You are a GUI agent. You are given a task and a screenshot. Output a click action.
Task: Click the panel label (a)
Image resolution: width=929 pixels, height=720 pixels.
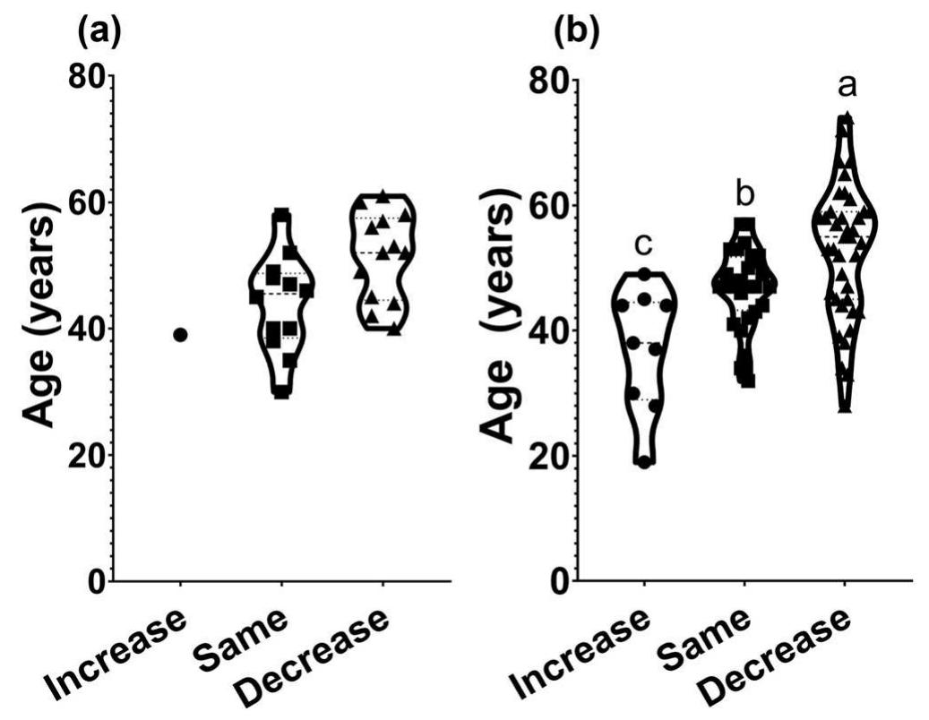click(99, 33)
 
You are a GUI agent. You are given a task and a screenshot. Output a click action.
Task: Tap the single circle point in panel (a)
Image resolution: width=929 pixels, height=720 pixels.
click(180, 334)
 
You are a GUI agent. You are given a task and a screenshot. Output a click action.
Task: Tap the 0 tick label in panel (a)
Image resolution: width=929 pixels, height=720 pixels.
click(93, 581)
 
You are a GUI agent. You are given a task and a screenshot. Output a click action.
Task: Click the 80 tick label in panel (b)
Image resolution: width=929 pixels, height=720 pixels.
click(549, 81)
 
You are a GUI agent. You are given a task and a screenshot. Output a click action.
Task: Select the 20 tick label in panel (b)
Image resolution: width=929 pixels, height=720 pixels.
click(549, 456)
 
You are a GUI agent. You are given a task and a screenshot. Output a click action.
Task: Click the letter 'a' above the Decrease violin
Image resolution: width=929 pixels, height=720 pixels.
click(846, 86)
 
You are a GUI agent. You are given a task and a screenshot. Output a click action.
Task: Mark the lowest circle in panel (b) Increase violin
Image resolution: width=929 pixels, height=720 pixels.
click(644, 462)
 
